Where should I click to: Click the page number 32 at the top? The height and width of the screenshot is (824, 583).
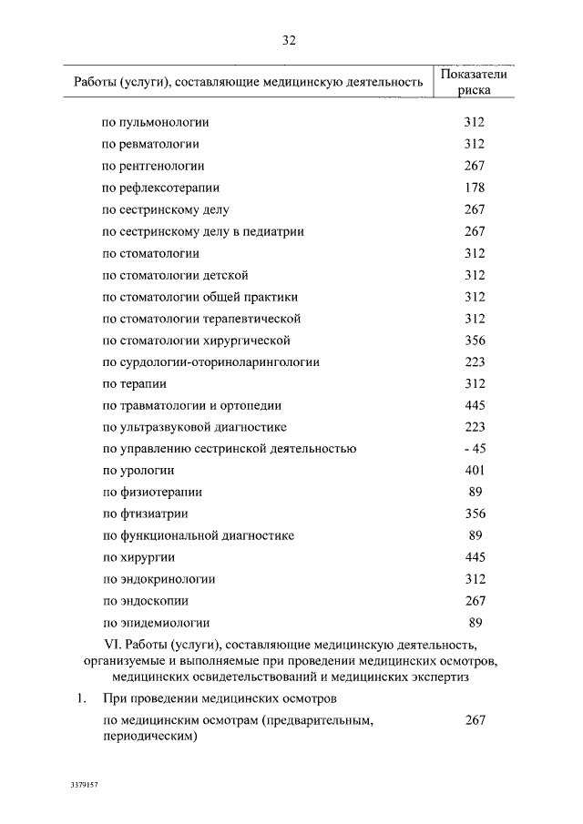[x=290, y=41]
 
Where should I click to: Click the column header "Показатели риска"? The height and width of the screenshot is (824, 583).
[x=474, y=83]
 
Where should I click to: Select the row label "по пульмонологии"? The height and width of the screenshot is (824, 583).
[x=156, y=123]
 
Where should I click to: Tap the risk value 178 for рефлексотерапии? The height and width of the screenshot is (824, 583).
[x=474, y=188]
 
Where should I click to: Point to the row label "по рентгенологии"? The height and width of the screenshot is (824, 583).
[x=153, y=167]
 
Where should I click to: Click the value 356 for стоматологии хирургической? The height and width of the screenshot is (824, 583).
[x=474, y=341]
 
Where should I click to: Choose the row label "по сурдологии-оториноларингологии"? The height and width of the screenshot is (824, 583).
[x=210, y=362]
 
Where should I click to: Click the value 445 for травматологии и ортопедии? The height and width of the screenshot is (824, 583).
[x=474, y=405]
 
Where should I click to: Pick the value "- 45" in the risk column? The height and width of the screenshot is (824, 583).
[x=474, y=449]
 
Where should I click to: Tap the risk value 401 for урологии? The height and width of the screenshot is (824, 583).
[x=474, y=471]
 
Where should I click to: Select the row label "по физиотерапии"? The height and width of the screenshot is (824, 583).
[x=152, y=493]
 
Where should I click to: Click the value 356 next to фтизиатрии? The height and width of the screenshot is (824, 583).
[x=474, y=514]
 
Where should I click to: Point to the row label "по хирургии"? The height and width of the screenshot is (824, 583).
[x=138, y=557]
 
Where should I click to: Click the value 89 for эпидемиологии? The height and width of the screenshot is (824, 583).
[x=474, y=623]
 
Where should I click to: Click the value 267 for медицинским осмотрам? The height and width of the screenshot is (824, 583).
[x=474, y=720]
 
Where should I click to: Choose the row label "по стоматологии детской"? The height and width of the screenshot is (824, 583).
[x=175, y=275]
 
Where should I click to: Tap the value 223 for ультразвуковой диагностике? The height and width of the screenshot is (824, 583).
[x=474, y=427]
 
